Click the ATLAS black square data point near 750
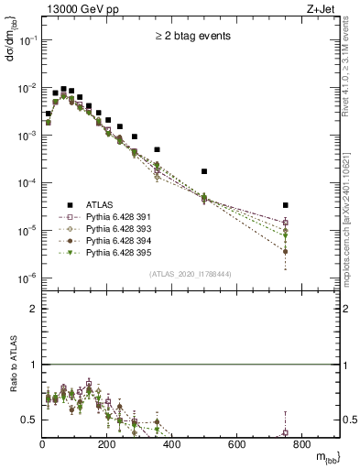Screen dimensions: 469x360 click(286, 205)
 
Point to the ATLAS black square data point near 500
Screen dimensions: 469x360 click(204, 171)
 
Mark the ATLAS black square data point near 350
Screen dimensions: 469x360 click(157, 149)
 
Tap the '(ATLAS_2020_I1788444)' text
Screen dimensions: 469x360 click(191, 274)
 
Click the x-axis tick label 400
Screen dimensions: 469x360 click(172, 445)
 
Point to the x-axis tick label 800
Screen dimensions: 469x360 click(301, 445)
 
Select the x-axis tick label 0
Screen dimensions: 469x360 click(43, 445)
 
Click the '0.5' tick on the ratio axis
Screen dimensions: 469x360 click(31, 420)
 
